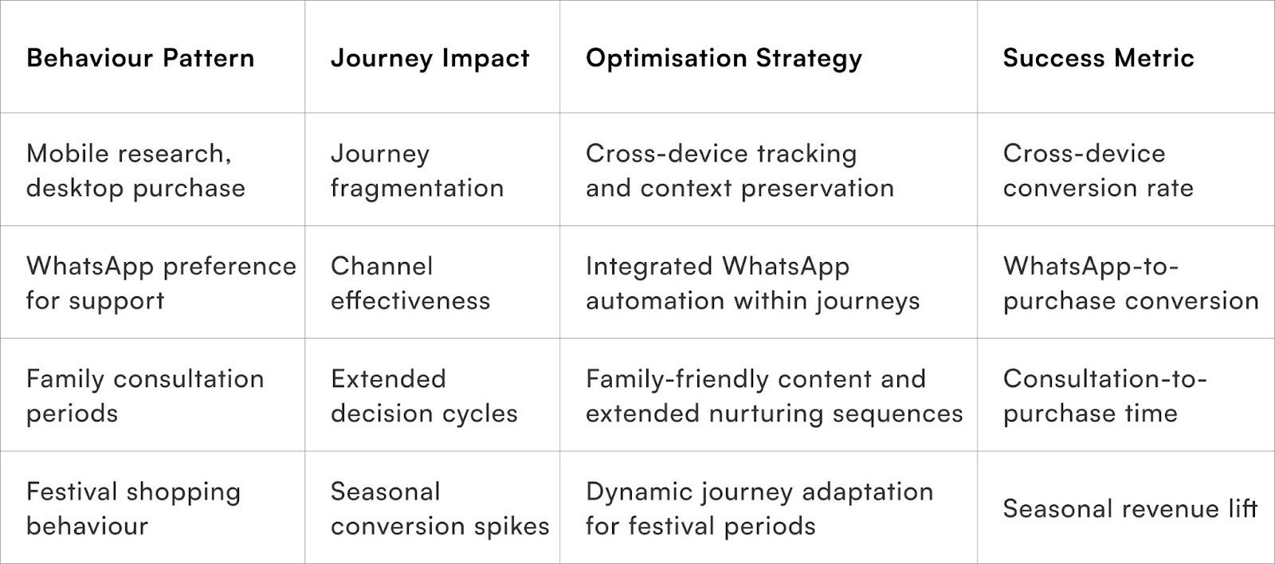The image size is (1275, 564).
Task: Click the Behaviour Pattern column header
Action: [x=140, y=58]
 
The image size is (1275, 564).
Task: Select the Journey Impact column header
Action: [x=430, y=58]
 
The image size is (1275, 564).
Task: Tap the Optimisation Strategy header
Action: [x=724, y=58]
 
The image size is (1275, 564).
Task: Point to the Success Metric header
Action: [x=1098, y=58]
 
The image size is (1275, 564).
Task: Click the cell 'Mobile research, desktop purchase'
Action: [x=135, y=170]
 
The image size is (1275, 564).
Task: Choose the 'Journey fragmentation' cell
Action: [x=417, y=170]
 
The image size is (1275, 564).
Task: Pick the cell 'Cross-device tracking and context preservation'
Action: [x=739, y=170]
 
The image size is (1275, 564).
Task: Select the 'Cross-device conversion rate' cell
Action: [x=1098, y=170]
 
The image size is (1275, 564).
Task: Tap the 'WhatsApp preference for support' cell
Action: [x=161, y=283]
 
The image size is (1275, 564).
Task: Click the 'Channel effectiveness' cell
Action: [x=410, y=283]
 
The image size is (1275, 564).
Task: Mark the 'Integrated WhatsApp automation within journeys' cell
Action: [x=752, y=283]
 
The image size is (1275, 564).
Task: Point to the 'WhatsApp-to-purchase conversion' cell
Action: [x=1130, y=283]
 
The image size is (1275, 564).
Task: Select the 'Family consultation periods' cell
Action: [x=145, y=396]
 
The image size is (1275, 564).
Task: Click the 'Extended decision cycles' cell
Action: [x=424, y=396]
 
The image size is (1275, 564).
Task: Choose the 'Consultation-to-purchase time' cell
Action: [x=1104, y=396]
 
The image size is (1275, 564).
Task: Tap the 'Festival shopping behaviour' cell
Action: [x=133, y=508]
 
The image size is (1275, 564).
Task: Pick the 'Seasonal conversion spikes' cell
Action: [x=440, y=508]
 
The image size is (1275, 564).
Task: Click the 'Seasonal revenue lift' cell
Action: [x=1129, y=508]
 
